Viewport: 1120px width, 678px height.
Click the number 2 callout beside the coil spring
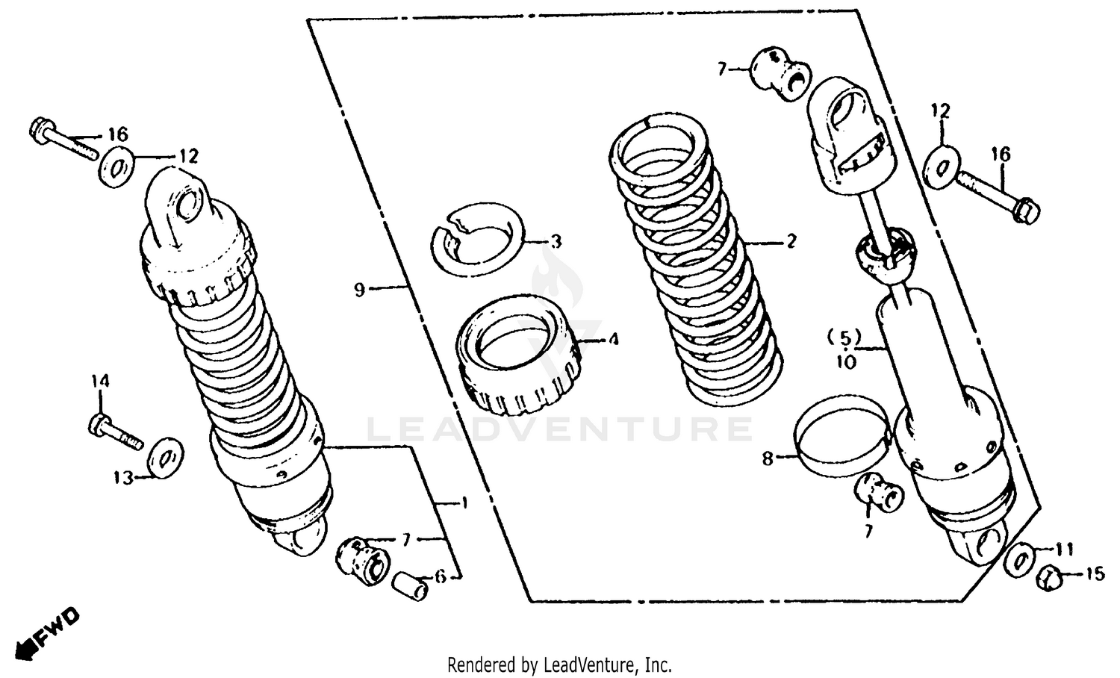tap(791, 241)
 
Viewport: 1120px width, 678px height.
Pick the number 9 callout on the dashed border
tap(360, 289)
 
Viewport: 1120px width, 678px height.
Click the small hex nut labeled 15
tap(1050, 577)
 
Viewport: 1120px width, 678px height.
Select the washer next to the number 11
tap(1018, 561)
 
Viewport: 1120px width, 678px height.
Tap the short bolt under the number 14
tap(116, 432)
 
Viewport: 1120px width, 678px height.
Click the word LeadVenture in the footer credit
tap(590, 664)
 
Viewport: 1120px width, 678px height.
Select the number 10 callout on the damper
tap(847, 363)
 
